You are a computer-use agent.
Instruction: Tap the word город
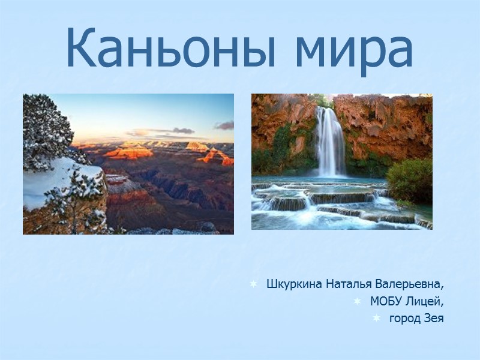point(404,318)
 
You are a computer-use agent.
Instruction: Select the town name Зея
point(433,318)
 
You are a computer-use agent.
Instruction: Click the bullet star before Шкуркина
point(254,283)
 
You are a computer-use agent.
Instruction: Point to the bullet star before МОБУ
point(358,301)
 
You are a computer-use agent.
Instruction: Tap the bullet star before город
point(376,318)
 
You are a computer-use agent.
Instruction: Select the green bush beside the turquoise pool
point(411,180)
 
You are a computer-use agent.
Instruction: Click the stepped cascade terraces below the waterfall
point(318,201)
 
